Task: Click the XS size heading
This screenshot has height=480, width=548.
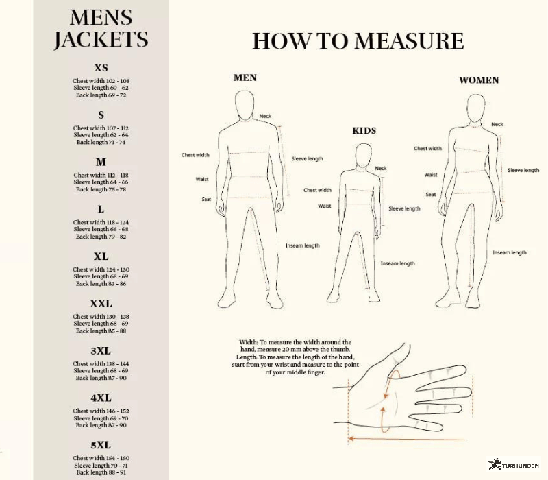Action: [101, 67]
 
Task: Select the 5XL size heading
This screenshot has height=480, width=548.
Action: [101, 445]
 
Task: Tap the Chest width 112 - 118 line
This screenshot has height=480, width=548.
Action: [101, 175]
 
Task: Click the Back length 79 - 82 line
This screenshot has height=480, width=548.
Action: [101, 237]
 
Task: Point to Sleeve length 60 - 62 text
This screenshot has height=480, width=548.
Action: [101, 88]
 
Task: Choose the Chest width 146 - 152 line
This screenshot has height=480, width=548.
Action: [101, 411]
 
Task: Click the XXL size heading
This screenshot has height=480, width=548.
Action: [101, 303]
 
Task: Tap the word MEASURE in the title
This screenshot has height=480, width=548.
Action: [409, 41]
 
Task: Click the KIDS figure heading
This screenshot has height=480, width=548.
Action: [364, 131]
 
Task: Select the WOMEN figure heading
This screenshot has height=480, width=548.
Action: [479, 80]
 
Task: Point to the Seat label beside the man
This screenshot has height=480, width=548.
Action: [206, 200]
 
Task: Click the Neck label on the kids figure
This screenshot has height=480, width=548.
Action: [381, 168]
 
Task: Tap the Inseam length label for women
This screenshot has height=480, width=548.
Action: [509, 252]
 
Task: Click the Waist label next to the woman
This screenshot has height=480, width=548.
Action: [431, 175]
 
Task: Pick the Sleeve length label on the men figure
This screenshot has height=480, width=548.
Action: [307, 159]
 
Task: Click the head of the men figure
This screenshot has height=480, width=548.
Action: [244, 105]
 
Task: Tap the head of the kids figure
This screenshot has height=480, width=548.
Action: [364, 156]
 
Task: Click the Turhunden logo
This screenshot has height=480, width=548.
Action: [514, 465]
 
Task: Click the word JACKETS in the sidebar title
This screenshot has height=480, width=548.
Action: [101, 39]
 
